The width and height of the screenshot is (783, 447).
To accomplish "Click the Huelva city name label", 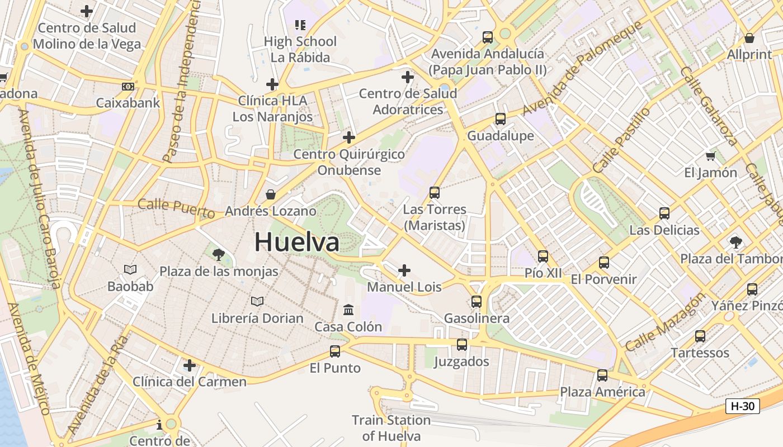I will pos(296,242).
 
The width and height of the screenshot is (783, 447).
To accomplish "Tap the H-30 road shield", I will pos(743,406).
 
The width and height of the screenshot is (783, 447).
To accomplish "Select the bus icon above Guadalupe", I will pos(500,119).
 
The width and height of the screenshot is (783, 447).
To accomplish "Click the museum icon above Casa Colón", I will pos(348,310).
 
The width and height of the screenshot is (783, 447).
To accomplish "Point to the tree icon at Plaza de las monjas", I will pos(219,255).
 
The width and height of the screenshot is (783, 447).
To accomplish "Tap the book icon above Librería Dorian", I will pos(257,302).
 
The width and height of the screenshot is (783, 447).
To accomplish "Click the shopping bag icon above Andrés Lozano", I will pos(271,194).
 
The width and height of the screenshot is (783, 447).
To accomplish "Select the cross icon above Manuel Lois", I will pos(404,271).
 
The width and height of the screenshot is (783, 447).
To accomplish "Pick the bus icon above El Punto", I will pos(335,351).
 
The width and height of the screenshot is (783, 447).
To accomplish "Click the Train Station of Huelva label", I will pos(391,427).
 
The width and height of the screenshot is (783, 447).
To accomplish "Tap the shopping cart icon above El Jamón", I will pos(711,156).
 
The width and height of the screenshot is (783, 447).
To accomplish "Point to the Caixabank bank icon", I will pos(128,87).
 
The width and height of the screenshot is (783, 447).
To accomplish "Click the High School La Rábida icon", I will pos(300,25).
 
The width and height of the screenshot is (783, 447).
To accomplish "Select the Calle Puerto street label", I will pos(176,208).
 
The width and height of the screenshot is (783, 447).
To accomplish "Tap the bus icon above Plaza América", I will pos(602,375).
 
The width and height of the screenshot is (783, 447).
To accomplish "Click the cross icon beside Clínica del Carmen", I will pos(190,365).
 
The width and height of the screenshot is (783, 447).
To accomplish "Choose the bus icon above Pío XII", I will pos(543,256).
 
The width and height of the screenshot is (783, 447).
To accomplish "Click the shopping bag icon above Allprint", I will pos(749,38).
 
